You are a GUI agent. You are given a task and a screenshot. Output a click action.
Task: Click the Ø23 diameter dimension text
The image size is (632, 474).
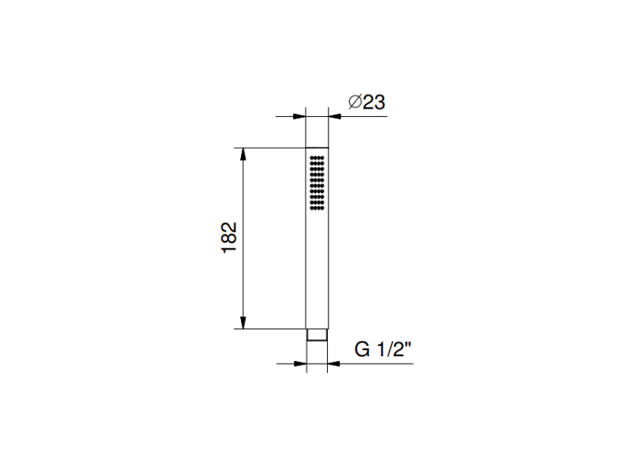coord(367,102)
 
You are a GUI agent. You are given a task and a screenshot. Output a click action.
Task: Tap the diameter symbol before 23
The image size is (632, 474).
coord(355,102)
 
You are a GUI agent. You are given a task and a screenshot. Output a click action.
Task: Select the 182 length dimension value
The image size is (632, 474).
coord(229,237)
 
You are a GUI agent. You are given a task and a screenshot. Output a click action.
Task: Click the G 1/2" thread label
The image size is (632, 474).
coord(383,349)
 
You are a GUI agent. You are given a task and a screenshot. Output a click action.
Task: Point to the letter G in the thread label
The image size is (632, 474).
coord(362,349)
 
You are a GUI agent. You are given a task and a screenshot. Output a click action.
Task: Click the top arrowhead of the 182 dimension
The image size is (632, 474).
coord(243,155)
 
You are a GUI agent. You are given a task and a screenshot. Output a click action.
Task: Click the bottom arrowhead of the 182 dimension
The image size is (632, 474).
coord(243,322)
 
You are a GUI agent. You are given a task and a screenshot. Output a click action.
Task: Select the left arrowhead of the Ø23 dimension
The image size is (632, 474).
coord(299,116)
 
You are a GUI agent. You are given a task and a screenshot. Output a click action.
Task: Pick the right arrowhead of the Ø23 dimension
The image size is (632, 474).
coord(335,116)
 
